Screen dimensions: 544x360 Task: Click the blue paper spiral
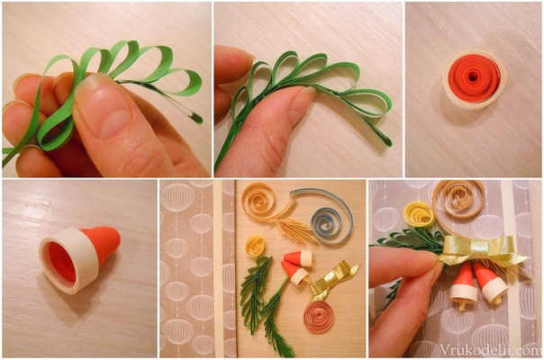point(331,226)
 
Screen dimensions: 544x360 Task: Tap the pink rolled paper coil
point(319,316)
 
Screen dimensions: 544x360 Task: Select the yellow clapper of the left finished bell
point(462,304)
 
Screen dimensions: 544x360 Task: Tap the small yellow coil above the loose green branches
point(256,247)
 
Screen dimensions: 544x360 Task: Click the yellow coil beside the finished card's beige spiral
point(419,214)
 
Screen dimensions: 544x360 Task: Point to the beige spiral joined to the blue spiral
point(258,202)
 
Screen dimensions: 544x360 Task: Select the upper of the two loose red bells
point(298,258)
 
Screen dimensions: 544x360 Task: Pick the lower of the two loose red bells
point(295,274)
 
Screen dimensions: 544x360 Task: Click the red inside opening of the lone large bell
point(62,263)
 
